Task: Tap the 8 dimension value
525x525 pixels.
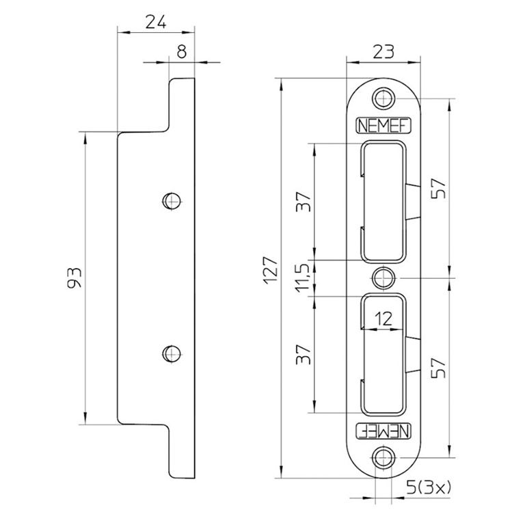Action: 182,51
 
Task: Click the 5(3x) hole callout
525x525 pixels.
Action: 431,488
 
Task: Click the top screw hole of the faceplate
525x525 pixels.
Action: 383,96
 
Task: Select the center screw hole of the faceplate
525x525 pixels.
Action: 383,278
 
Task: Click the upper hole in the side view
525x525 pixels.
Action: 172,200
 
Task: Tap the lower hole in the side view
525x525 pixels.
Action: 172,353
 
